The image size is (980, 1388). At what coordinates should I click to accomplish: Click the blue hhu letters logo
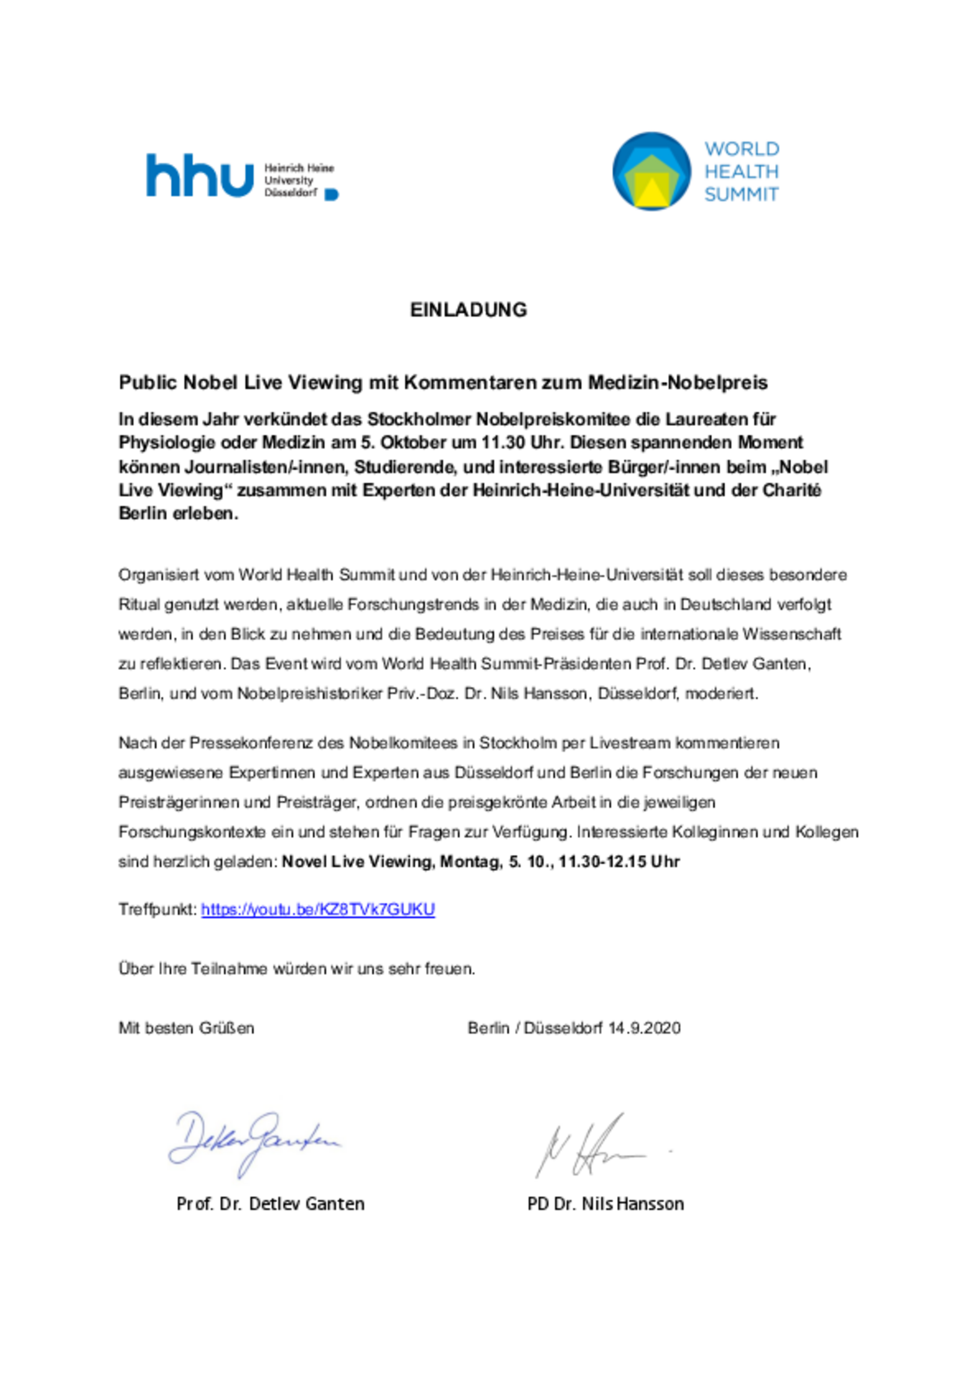[x=200, y=176]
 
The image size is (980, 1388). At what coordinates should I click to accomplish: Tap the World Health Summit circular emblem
[x=651, y=172]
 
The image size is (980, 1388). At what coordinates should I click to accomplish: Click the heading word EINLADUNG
[x=468, y=310]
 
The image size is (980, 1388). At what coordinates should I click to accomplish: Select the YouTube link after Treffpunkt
[x=318, y=910]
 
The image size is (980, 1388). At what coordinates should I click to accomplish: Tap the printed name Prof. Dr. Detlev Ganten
[x=270, y=1204]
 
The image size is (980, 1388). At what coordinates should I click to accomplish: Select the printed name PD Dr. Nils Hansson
[x=606, y=1204]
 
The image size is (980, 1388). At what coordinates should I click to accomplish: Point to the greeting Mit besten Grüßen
[x=186, y=1028]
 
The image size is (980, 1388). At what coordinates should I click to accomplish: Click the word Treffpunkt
[x=157, y=910]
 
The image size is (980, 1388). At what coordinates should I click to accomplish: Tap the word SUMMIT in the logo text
[x=741, y=195]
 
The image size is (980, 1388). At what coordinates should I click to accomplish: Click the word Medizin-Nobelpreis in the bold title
[x=678, y=382]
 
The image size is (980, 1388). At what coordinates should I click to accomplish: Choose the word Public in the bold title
[x=148, y=382]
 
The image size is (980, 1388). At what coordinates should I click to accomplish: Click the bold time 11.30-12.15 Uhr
[x=619, y=862]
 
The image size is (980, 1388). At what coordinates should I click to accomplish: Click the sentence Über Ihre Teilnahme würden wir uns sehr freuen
[x=297, y=969]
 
